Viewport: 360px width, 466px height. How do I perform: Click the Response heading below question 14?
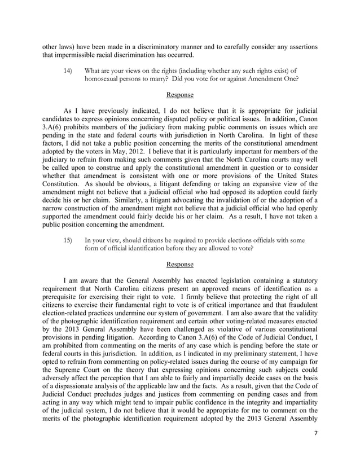(x=179, y=95)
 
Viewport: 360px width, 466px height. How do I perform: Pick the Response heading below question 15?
(x=179, y=264)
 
